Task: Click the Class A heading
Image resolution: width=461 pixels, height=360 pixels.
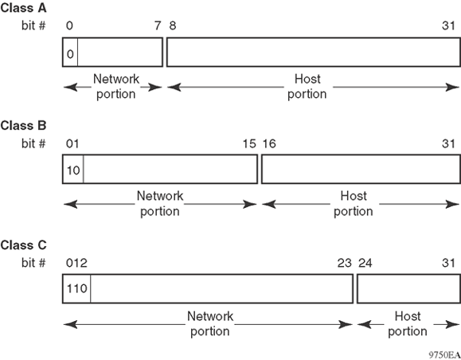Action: tap(24, 8)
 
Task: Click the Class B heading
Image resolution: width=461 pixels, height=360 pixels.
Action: tap(24, 126)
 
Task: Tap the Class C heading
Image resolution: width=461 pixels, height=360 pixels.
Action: tap(24, 245)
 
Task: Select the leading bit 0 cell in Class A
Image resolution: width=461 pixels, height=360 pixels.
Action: tap(70, 53)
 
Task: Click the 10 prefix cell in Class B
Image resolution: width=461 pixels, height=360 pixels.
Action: tap(73, 169)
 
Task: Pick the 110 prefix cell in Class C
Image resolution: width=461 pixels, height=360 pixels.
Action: tap(76, 288)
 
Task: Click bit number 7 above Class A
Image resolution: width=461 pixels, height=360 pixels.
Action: tap(158, 25)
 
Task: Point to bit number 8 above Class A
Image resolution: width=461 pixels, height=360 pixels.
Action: tap(173, 25)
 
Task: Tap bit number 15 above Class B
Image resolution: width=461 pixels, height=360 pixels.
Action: tap(249, 144)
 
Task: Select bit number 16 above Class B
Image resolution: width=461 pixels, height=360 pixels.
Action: tap(269, 144)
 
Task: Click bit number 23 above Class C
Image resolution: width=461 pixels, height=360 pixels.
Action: tap(344, 263)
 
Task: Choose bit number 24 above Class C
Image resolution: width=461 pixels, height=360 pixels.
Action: tap(365, 263)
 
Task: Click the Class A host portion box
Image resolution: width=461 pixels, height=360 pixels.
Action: tap(314, 53)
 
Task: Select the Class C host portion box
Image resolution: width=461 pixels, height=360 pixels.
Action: tap(408, 288)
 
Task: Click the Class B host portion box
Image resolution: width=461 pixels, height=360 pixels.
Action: tap(361, 169)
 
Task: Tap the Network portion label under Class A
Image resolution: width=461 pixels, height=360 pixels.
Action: tap(116, 87)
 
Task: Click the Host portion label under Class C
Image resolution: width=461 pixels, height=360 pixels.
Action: tap(408, 324)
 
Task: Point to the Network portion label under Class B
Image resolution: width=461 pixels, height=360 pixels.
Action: tap(160, 204)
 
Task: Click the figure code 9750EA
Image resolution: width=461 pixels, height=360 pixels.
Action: tap(443, 355)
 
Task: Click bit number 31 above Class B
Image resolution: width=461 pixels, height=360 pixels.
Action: tap(448, 144)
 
